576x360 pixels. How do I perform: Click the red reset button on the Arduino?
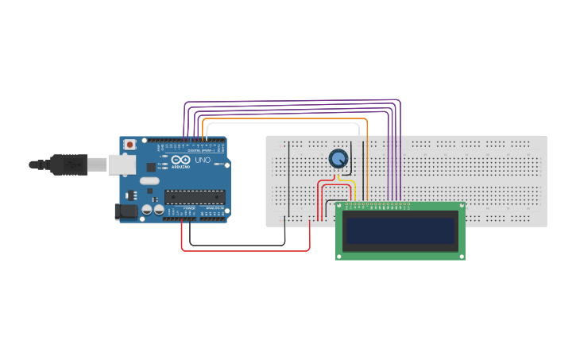pyautogui.click(x=130, y=145)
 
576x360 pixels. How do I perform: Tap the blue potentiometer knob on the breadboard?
pyautogui.click(x=338, y=159)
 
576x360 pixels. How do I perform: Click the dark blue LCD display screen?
pyautogui.click(x=400, y=231)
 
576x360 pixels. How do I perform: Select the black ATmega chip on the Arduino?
pyautogui.click(x=194, y=197)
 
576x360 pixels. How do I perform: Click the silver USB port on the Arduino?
pyautogui.click(x=122, y=165)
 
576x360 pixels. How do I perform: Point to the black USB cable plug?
pyautogui.click(x=68, y=165)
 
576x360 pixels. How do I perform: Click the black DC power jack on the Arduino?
pyautogui.click(x=126, y=211)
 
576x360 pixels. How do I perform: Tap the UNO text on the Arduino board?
pyautogui.click(x=203, y=160)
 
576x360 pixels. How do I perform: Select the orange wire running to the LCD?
pyautogui.click(x=367, y=159)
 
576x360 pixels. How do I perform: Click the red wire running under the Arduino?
pyautogui.click(x=246, y=251)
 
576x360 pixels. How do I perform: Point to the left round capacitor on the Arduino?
pyautogui.click(x=147, y=210)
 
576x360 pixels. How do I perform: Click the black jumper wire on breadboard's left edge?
pyautogui.click(x=290, y=179)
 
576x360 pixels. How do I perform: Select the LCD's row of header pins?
pyautogui.click(x=377, y=205)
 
